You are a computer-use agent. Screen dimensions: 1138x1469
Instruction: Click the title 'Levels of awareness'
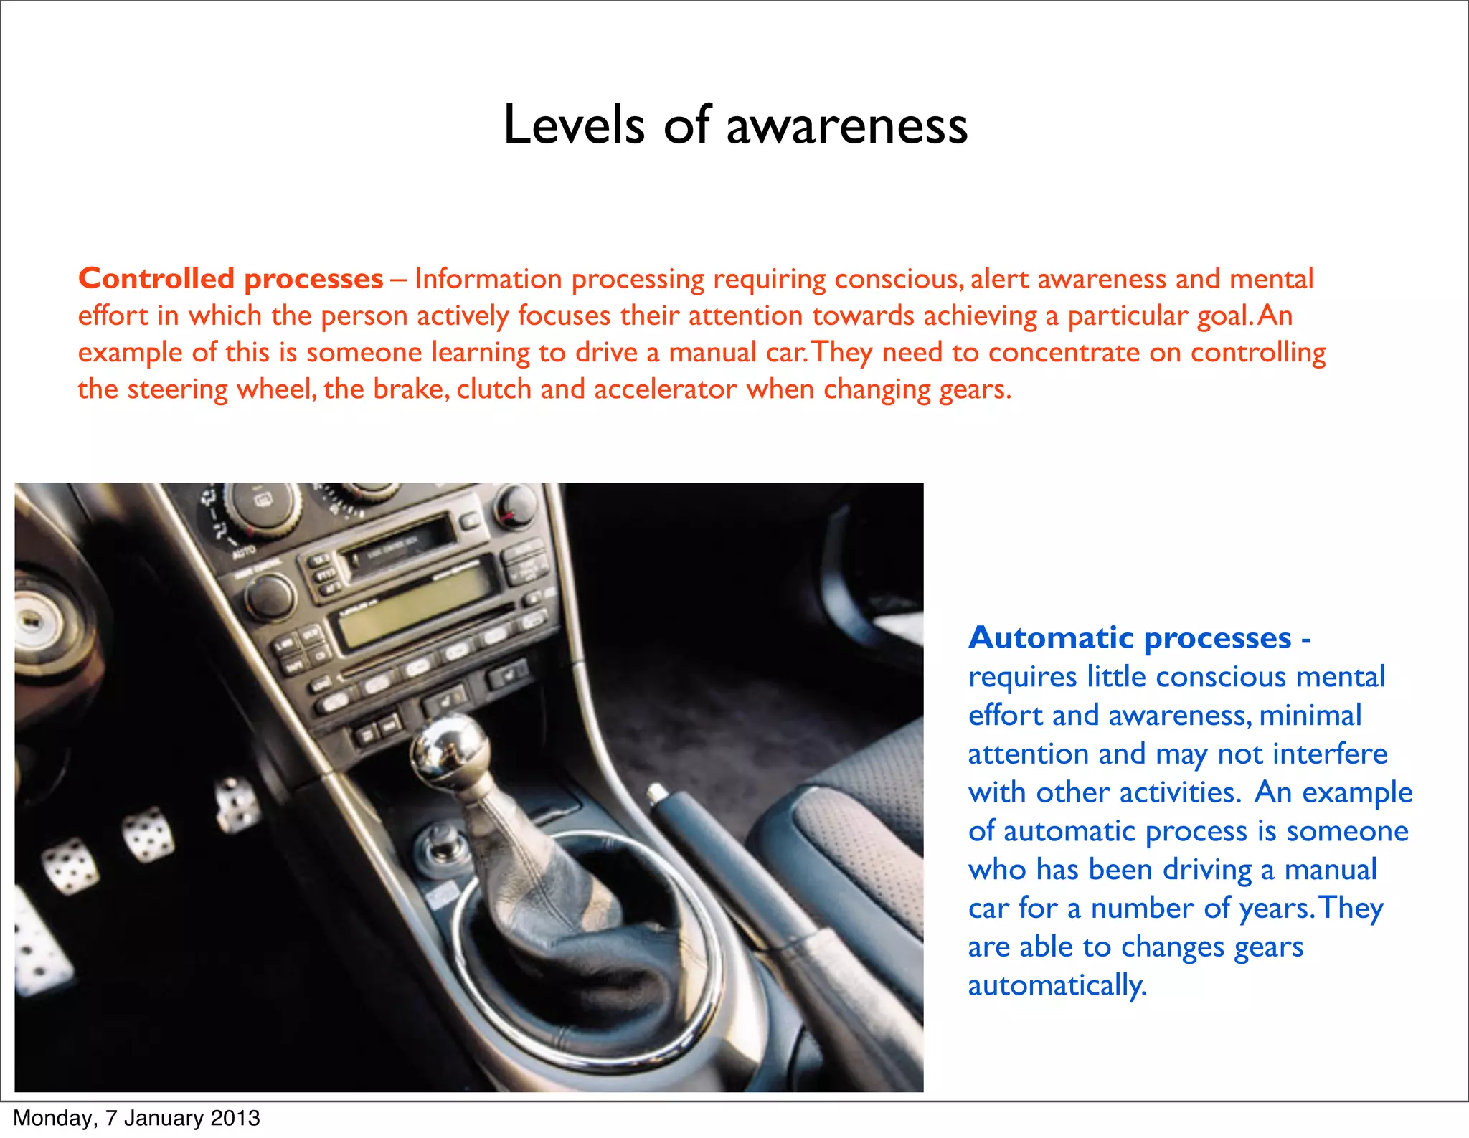click(x=735, y=125)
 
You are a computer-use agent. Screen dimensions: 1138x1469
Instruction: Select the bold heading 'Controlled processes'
click(x=231, y=278)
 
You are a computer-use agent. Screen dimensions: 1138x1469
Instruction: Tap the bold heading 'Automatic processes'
click(x=1130, y=637)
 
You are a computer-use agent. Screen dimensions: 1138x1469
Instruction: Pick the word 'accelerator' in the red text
click(x=665, y=389)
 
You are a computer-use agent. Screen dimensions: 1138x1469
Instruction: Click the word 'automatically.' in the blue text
click(x=1057, y=985)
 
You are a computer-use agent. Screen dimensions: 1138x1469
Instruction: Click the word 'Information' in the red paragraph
click(x=488, y=278)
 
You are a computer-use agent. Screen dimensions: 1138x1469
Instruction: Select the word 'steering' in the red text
click(x=177, y=389)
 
